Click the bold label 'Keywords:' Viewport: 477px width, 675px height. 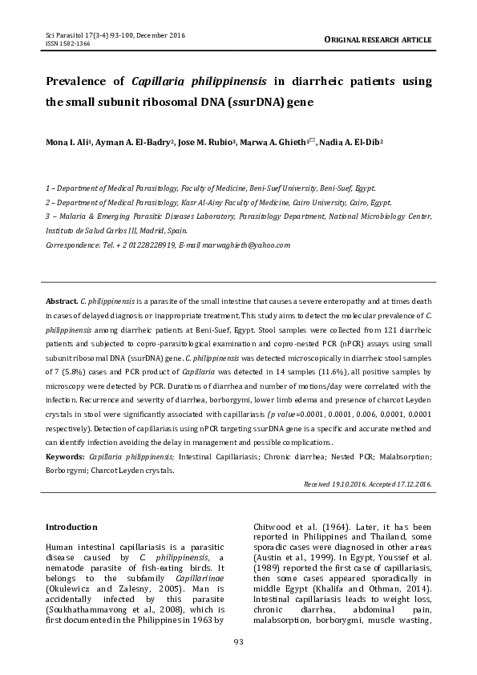[66, 455]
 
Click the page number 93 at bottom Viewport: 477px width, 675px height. [238, 641]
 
